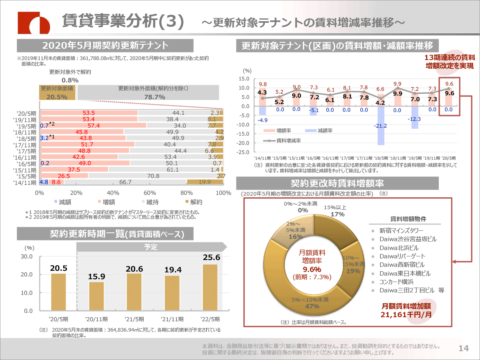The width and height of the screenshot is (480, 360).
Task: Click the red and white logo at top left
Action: click(x=34, y=23)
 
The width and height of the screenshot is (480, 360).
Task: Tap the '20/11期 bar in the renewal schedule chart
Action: click(x=96, y=296)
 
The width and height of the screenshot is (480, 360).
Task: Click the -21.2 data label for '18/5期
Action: click(x=381, y=126)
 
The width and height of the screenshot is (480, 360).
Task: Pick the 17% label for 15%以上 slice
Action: click(x=338, y=214)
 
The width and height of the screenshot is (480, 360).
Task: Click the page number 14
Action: click(x=464, y=348)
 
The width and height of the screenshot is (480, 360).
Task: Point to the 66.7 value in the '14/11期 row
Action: click(x=125, y=182)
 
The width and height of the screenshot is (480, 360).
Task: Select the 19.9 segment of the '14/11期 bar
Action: click(x=205, y=182)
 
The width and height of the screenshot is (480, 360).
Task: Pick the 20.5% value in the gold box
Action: click(x=57, y=97)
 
